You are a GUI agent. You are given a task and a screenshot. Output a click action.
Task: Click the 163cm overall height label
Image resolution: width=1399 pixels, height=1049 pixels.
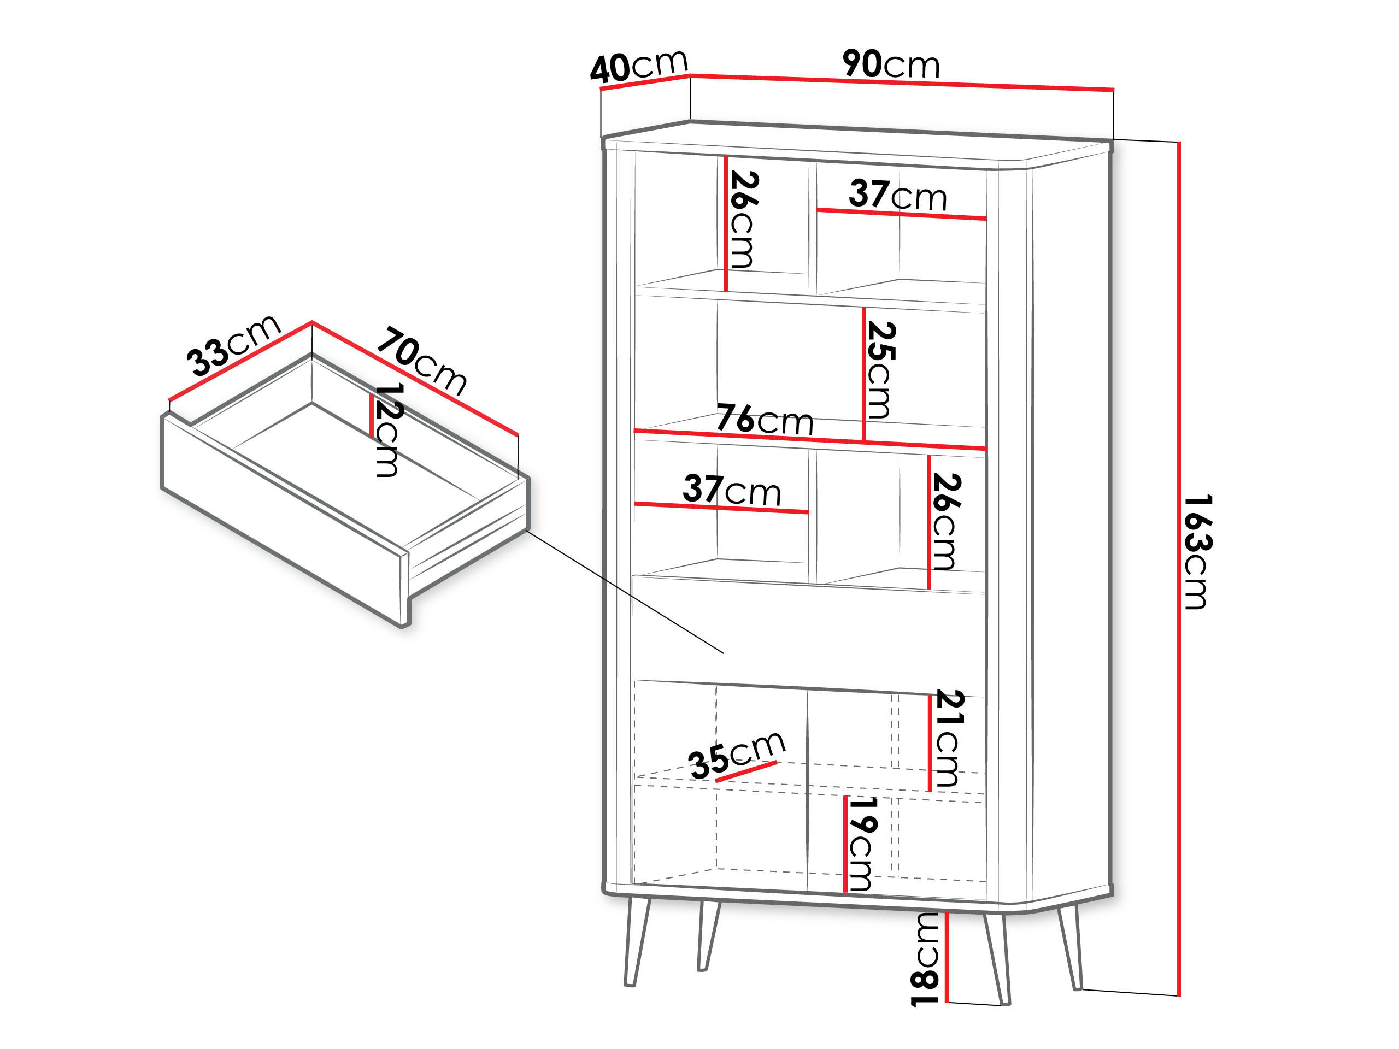pos(1197,551)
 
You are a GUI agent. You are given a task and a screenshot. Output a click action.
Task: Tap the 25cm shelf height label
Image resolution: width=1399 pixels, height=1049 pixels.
pos(880,370)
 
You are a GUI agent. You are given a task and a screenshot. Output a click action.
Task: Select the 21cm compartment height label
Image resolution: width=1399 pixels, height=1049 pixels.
pos(949,739)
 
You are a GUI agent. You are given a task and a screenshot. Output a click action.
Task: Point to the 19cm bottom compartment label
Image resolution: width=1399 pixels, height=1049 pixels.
pos(861,844)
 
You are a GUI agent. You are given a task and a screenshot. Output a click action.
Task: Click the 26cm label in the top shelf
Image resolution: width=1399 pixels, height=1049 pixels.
pos(743,220)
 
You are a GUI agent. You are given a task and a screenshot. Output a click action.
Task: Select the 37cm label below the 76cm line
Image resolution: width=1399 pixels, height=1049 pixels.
pos(732,490)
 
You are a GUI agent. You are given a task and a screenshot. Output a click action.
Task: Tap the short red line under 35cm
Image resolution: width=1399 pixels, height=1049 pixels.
pos(745,771)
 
